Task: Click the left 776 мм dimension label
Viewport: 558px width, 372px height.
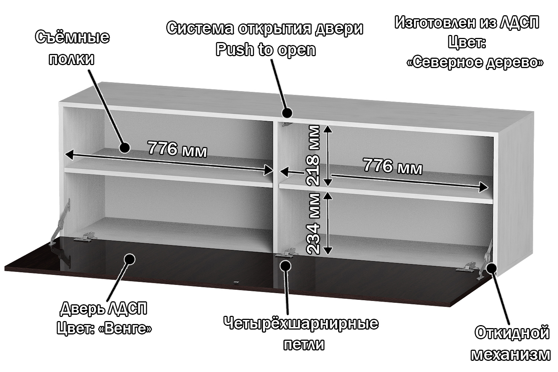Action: pos(177,149)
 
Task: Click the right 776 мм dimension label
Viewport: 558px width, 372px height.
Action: pos(392,166)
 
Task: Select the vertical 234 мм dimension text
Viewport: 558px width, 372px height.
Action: pos(312,224)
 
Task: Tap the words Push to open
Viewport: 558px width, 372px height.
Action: pos(266,49)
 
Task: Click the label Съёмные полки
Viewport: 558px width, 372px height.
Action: pos(72,48)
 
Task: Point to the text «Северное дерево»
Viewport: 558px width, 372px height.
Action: pos(475,62)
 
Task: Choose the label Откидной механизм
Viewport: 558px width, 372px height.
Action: pos(511,343)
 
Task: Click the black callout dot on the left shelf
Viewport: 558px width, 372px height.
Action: pos(124,148)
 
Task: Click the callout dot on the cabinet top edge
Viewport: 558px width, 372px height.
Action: pos(287,112)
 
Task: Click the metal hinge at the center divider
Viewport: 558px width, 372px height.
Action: pos(286,254)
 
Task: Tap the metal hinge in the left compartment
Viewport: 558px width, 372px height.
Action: pos(86,237)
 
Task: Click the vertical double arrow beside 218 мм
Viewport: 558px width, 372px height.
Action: pos(327,155)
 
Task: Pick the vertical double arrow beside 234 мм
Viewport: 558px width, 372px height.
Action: pos(327,223)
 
